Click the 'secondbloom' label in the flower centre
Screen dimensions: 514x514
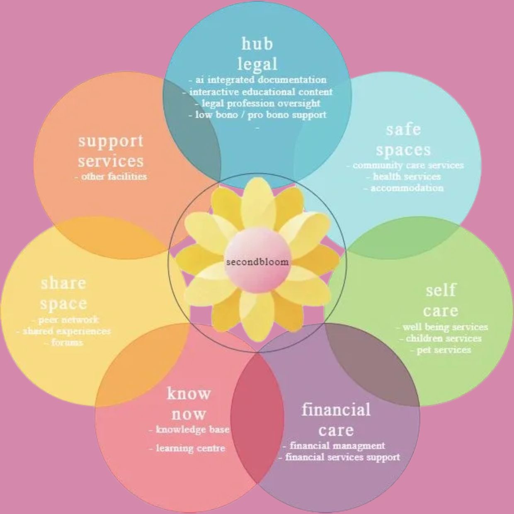point(257,262)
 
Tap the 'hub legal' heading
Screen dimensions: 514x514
point(257,54)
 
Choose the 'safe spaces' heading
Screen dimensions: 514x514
point(403,140)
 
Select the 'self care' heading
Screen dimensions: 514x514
point(441,301)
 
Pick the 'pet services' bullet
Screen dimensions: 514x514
point(444,350)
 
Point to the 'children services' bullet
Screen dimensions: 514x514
point(444,338)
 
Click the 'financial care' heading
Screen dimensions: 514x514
point(336,419)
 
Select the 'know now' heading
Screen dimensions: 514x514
point(189,403)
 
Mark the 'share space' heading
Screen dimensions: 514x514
point(64,293)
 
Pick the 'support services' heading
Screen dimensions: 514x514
point(111,150)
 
